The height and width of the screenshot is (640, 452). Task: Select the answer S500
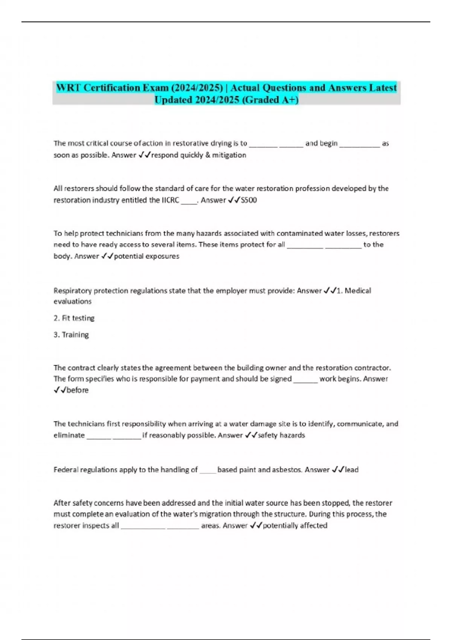click(x=249, y=200)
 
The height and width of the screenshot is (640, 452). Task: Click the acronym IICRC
click(x=170, y=200)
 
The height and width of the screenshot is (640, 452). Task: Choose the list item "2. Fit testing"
click(x=74, y=318)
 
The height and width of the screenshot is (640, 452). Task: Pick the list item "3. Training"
click(x=71, y=335)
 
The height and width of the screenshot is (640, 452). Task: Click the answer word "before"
click(x=78, y=390)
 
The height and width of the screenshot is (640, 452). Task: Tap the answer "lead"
click(x=351, y=470)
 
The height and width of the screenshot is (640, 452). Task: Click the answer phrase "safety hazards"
click(x=281, y=435)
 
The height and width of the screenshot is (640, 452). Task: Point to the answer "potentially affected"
click(x=295, y=526)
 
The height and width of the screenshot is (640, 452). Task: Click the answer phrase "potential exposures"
click(x=147, y=256)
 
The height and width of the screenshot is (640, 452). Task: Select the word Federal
click(x=66, y=470)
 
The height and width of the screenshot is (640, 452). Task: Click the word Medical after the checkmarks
click(x=358, y=291)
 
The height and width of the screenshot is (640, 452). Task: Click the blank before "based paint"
click(x=208, y=471)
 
